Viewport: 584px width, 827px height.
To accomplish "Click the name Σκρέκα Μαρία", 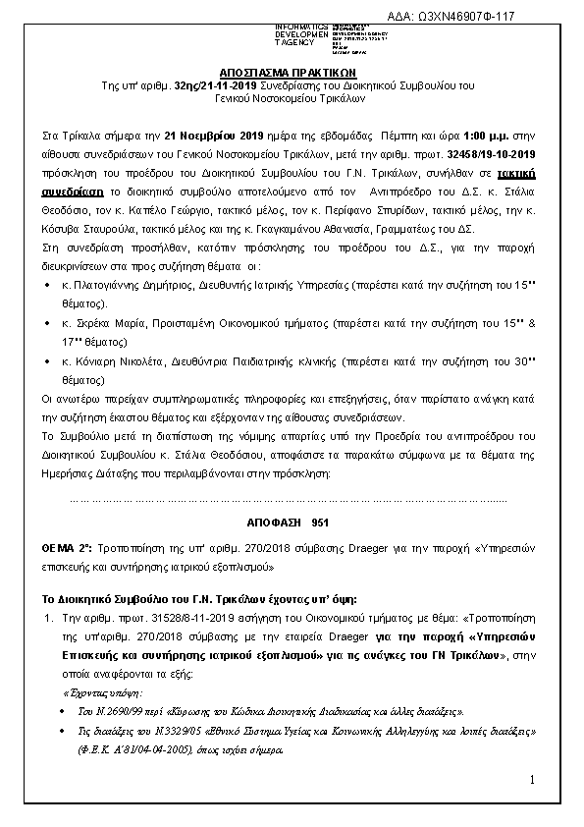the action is pos(102,322).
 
